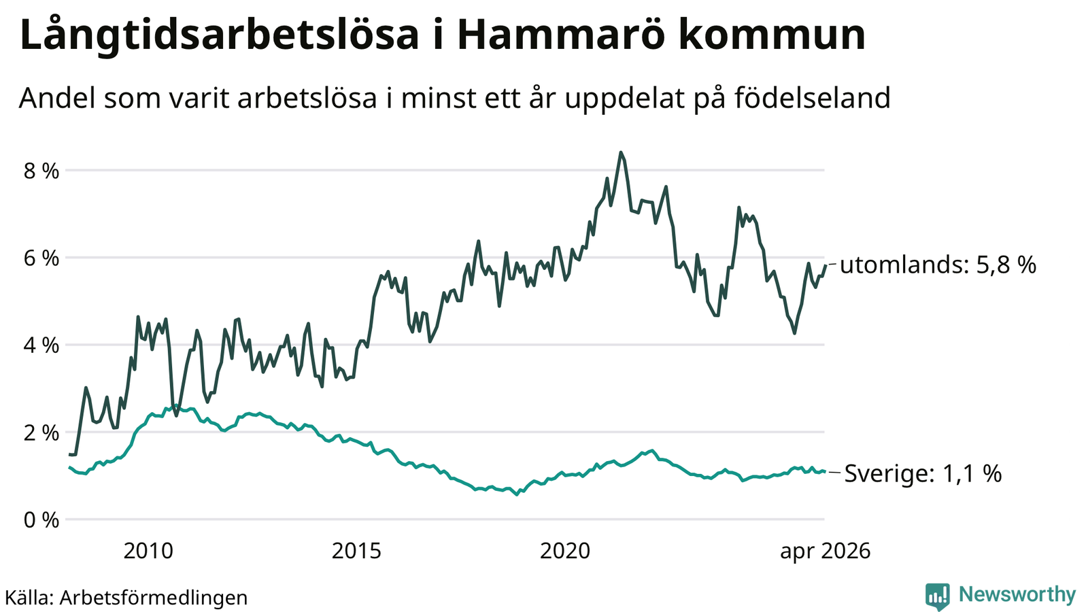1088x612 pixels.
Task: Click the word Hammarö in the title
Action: coord(560,35)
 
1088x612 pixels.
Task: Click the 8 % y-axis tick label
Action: coord(41,171)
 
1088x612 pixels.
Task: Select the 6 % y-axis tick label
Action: coord(41,258)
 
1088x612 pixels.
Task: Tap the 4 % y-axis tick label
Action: coord(41,346)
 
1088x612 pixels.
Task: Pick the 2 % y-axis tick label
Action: coord(41,432)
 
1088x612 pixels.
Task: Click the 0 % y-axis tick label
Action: coord(41,520)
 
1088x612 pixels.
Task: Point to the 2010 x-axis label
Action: coord(148,551)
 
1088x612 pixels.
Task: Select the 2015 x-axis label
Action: coord(356,551)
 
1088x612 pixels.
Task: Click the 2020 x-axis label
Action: coord(565,551)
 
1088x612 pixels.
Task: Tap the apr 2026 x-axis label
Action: coord(826,551)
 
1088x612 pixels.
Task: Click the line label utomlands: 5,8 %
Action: coord(938,265)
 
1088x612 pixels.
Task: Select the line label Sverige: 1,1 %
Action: coord(923,473)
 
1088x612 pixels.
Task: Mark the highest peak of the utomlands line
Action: coord(620,152)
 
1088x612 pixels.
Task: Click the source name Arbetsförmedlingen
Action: coord(154,598)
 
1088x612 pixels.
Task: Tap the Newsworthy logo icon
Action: coord(938,596)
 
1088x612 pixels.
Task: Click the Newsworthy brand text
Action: coord(1017,594)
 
